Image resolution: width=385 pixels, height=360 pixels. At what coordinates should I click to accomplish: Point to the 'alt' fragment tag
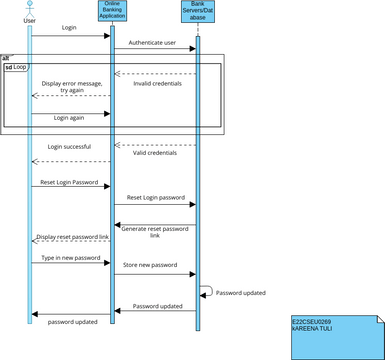(6, 58)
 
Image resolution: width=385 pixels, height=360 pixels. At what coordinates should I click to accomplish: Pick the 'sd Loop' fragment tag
(15, 67)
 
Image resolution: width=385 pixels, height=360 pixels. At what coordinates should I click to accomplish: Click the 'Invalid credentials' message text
(158, 83)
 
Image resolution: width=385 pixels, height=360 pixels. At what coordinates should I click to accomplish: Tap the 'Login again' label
(69, 117)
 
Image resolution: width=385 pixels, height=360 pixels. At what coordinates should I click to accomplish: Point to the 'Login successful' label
(69, 147)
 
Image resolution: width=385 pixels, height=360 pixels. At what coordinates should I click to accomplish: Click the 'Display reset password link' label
(72, 237)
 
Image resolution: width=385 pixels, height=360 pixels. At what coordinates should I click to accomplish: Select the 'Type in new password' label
(70, 258)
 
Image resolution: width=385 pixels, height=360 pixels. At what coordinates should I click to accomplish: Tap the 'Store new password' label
(150, 265)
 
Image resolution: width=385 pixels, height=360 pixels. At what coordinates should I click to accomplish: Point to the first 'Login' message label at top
(70, 29)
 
